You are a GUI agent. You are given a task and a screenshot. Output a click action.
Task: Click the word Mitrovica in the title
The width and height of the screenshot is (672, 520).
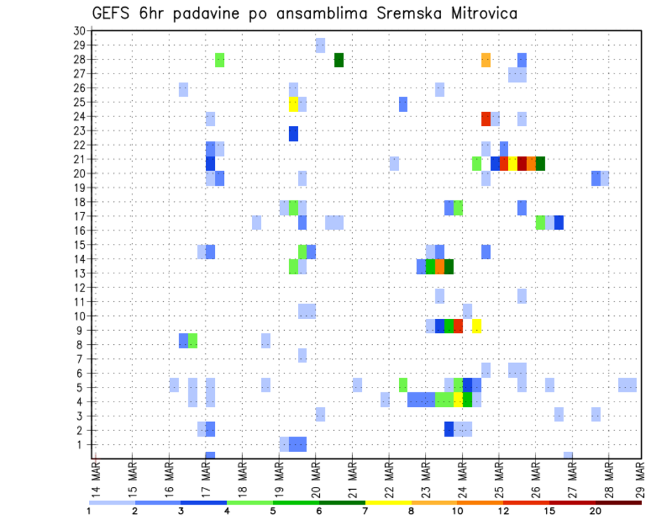[476, 13]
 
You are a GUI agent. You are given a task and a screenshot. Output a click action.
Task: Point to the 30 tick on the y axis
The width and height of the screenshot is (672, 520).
[78, 30]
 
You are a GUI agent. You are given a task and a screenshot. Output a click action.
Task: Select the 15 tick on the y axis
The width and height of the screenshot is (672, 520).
[78, 245]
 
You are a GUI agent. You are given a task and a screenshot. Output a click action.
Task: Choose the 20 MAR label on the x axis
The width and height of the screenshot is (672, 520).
[316, 479]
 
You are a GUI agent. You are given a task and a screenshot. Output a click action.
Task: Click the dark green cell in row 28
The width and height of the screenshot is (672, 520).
[339, 60]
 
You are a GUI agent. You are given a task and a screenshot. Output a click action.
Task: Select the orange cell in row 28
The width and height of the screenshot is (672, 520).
[486, 60]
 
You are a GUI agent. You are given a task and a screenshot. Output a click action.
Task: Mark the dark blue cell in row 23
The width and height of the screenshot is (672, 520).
[293, 132]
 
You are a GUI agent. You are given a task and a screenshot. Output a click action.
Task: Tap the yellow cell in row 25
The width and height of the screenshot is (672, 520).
[293, 104]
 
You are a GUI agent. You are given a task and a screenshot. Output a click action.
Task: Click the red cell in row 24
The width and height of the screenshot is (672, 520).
[486, 118]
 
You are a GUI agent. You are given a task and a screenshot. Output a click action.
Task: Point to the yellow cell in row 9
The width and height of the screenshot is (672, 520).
[477, 325]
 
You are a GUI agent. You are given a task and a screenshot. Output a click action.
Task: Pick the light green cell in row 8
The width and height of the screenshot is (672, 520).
[192, 341]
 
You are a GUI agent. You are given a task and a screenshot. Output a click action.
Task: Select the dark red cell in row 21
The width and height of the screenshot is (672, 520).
[522, 163]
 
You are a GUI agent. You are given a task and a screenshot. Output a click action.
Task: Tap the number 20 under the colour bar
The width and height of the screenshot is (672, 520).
[596, 511]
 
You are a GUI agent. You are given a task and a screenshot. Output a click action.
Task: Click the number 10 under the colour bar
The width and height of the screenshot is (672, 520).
[457, 511]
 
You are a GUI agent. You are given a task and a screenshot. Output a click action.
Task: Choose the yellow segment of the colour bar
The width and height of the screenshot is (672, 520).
[388, 502]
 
